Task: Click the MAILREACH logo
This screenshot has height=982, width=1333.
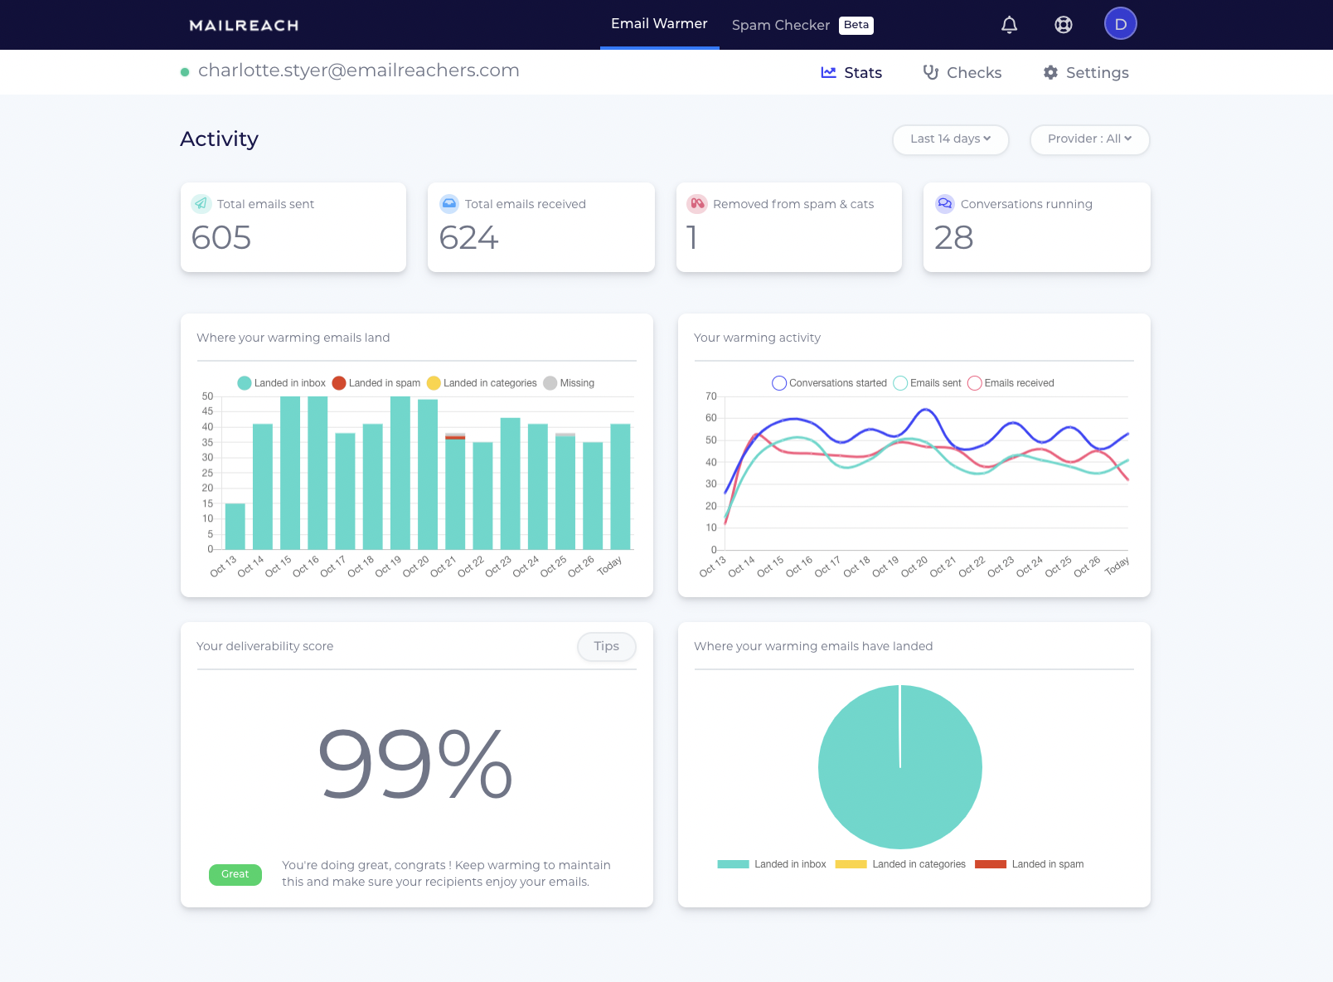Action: coord(244,26)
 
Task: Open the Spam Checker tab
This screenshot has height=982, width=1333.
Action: coord(780,25)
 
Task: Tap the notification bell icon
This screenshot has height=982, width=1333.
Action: coord(1009,25)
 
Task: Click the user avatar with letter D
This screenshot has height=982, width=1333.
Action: coord(1120,24)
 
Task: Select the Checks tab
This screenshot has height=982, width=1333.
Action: coord(962,73)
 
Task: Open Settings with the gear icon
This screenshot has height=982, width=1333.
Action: coord(1086,73)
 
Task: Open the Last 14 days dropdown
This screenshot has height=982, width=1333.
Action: coord(950,139)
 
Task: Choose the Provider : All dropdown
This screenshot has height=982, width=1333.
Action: coord(1089,139)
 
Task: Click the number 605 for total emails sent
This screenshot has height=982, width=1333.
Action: coord(221,238)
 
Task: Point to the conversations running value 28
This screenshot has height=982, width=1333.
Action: coord(953,238)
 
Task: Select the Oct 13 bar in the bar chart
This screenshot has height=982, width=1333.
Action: coord(235,526)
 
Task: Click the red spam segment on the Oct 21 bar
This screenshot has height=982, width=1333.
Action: coord(455,437)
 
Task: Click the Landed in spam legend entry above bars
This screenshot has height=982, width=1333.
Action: coord(376,383)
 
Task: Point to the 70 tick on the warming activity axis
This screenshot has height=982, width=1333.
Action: coord(711,396)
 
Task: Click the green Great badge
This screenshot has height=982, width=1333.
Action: coord(235,874)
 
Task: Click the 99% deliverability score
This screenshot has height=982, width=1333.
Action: coord(415,765)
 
